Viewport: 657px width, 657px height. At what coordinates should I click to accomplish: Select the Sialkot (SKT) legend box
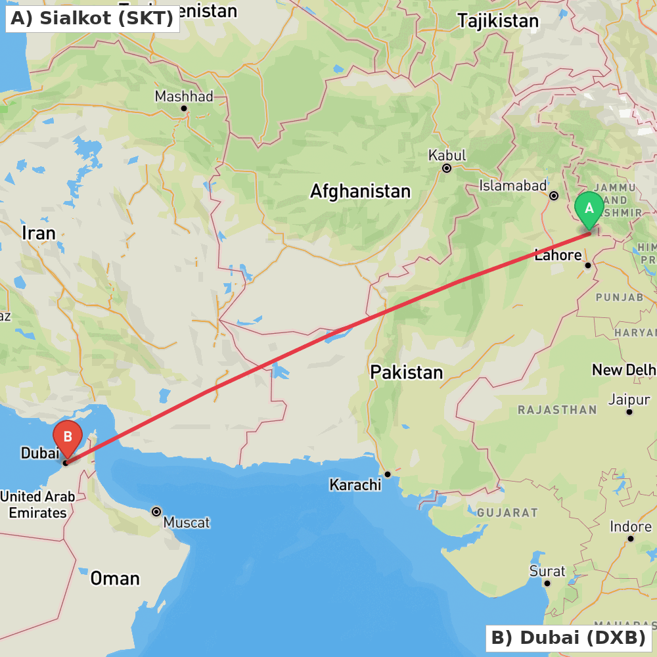[93, 18]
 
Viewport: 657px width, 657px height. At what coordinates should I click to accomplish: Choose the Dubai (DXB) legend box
[569, 637]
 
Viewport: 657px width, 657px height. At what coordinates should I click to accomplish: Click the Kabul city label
[447, 156]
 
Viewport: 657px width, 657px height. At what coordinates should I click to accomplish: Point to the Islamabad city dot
[554, 195]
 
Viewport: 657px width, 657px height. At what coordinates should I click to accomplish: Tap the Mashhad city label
[184, 97]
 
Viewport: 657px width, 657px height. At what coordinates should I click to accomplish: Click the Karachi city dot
[388, 474]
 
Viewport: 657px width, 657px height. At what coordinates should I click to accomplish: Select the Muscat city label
[187, 523]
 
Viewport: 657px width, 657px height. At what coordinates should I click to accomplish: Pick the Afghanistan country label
[360, 192]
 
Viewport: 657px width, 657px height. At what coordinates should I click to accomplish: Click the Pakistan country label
[406, 373]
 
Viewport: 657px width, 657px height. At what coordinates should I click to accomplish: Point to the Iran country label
[38, 233]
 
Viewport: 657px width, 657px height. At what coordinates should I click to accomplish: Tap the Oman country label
[115, 578]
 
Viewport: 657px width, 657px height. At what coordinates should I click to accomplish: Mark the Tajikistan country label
[498, 21]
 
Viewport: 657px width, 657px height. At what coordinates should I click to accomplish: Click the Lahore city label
[558, 256]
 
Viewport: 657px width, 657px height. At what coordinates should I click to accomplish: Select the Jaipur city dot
[629, 412]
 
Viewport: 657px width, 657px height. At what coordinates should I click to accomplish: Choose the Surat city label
[547, 571]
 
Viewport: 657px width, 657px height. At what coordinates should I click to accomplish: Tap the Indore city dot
[630, 539]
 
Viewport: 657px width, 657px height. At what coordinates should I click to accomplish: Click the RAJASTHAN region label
[557, 410]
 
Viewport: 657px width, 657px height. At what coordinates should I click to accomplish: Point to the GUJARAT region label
[507, 512]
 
